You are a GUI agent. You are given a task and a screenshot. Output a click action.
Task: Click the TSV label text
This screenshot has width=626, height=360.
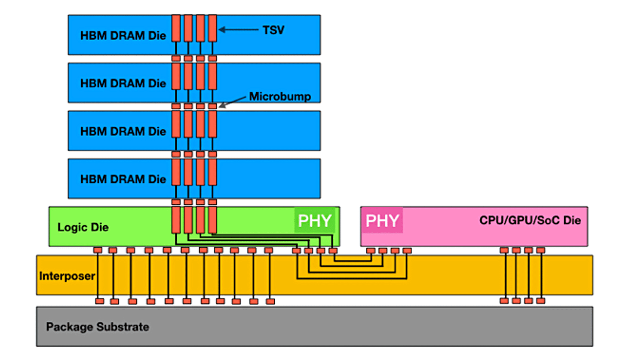273,30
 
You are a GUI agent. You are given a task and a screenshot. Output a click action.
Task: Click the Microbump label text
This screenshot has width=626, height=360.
280,97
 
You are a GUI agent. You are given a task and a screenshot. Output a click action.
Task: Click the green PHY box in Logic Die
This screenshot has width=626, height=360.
315,221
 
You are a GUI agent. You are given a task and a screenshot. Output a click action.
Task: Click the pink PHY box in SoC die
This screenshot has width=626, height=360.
382,221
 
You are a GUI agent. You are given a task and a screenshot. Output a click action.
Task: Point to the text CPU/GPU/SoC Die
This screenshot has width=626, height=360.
530,221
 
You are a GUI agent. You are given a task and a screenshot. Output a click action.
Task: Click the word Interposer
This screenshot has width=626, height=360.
67,276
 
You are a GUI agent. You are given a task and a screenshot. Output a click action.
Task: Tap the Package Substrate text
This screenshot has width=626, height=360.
98,327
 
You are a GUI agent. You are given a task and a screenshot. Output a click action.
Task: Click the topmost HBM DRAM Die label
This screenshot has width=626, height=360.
123,35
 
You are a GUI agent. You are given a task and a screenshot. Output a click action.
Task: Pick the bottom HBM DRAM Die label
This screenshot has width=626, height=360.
123,178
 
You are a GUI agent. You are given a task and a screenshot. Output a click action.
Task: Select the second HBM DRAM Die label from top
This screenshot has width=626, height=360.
123,83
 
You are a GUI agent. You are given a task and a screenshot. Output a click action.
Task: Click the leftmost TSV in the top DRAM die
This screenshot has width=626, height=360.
176,28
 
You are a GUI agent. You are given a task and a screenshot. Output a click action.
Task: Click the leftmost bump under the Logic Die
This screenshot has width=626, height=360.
98,250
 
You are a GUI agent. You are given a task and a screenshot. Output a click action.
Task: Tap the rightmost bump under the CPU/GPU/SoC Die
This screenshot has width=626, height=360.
541,250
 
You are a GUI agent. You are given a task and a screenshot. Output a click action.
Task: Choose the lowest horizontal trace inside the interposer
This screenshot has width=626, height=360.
351,279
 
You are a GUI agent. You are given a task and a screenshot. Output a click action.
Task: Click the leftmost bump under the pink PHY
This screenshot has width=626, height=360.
370,250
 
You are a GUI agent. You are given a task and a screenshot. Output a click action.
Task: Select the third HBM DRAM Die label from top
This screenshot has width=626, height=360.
123,131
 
